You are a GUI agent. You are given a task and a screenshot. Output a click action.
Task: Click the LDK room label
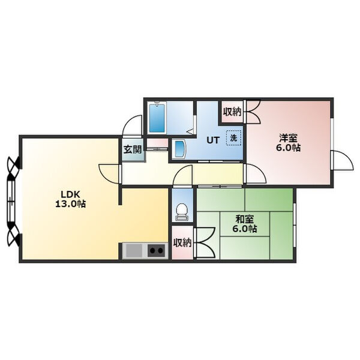[x=70, y=194]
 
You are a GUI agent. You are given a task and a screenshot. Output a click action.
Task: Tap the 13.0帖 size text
[x=70, y=203]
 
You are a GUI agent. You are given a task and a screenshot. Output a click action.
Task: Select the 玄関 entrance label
[x=133, y=149]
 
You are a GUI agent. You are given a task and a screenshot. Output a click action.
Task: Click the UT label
[x=213, y=140]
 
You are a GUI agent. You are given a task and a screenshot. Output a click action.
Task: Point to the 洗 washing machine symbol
[x=233, y=138]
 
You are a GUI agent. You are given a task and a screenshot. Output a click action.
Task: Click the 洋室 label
[x=289, y=138]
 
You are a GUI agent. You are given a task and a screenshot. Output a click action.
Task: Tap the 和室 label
[x=245, y=220]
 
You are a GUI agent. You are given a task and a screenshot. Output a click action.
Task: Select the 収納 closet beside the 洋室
[x=233, y=112]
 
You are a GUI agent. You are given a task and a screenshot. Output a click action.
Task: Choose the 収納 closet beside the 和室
[x=182, y=243]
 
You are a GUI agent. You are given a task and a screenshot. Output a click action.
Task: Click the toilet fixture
[x=182, y=212]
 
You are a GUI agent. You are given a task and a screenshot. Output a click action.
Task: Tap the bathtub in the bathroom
[x=157, y=118]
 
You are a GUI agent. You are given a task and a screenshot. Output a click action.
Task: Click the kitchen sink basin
[x=134, y=250]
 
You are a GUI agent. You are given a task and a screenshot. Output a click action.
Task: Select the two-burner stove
[x=157, y=250]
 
